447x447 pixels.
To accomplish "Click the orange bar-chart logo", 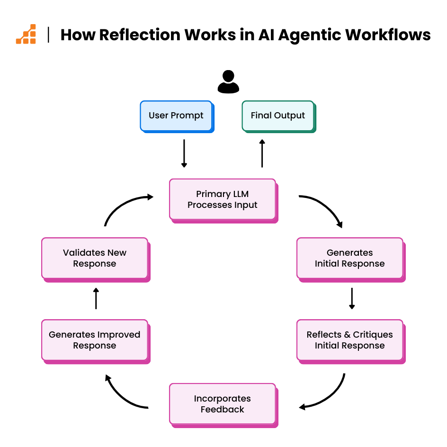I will point(26,34).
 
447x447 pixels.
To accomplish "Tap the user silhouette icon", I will point(228,82).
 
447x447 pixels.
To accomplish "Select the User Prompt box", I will point(176,116).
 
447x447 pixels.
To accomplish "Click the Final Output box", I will point(278,116).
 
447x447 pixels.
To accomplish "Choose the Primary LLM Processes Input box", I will point(223,199).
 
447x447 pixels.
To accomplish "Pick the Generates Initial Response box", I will point(350,258).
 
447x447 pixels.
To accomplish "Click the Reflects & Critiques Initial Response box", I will point(350,340).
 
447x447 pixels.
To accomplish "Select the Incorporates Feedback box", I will point(223,404).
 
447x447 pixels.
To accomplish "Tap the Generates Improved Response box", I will point(95,340).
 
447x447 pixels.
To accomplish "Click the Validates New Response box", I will point(95,258).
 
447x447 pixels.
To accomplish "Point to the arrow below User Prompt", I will point(184,153).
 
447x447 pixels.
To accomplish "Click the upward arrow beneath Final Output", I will point(262,153).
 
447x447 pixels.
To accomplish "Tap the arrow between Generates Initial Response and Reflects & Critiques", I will point(351,298).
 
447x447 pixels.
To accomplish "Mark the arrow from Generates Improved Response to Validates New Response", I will point(96,298).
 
